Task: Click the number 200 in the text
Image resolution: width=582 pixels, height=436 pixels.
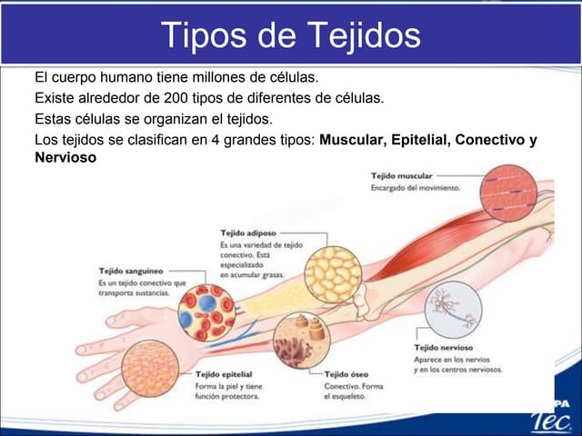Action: pos(176,98)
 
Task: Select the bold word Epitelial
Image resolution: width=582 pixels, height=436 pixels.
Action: pos(421,140)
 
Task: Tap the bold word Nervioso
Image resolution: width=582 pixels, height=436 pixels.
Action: pos(65,157)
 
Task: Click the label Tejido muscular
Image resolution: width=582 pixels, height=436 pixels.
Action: pos(402,175)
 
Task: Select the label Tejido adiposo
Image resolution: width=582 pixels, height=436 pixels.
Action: pos(248,233)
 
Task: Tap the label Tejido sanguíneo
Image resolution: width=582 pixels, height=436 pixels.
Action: pos(131,271)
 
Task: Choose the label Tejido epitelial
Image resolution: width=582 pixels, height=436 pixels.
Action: pos(224,374)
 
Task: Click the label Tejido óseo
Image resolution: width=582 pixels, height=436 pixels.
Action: pos(346,374)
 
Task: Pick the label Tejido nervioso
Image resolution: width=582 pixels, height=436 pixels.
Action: pos(444,347)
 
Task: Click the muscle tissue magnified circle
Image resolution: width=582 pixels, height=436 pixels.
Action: pos(508,193)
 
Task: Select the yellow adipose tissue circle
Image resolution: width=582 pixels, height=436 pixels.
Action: pos(333,274)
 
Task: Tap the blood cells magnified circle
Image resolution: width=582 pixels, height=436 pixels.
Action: pos(206,312)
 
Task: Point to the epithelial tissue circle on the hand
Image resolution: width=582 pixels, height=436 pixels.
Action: pos(150,369)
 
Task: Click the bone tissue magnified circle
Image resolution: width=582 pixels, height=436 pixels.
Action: pos(302,341)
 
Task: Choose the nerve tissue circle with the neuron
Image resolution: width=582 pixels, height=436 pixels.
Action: pos(453,310)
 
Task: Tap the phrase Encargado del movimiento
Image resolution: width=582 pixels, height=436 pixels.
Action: pos(416,188)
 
